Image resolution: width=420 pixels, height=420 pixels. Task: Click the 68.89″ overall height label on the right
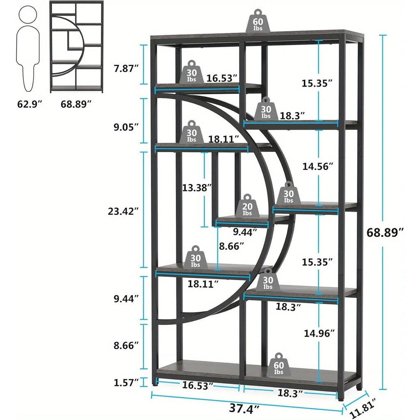[385, 233]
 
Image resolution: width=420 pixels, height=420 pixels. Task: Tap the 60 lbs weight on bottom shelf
[279, 365]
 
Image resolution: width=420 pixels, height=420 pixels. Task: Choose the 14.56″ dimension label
[318, 166]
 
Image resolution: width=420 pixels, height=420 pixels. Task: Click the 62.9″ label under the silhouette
[30, 104]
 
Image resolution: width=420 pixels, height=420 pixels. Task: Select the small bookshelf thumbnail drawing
[77, 47]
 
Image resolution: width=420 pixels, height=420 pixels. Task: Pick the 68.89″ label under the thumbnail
[76, 104]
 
